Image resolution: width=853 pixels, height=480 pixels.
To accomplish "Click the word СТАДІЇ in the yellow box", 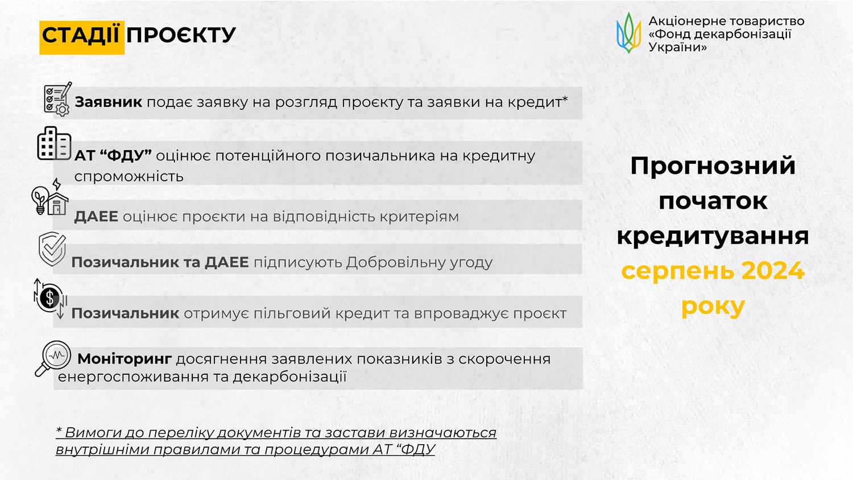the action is click(x=81, y=35).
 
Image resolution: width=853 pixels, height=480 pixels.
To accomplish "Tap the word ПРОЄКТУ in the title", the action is click(x=181, y=35).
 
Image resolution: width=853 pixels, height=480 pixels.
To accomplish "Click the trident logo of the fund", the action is click(x=629, y=33).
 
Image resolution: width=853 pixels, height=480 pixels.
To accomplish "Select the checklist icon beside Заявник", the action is click(x=57, y=98).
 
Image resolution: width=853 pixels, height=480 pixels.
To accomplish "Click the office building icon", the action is click(x=54, y=143).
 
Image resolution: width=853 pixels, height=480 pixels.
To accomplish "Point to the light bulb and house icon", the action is click(x=50, y=197).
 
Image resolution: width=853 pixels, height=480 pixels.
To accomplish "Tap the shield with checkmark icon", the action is click(x=52, y=249).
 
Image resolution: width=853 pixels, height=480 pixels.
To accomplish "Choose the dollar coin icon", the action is click(x=50, y=298).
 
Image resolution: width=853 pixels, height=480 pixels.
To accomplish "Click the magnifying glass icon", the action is click(x=53, y=359).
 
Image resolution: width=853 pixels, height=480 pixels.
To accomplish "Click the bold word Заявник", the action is click(x=109, y=102).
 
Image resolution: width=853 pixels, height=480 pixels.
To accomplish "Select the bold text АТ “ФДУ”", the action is click(x=113, y=156).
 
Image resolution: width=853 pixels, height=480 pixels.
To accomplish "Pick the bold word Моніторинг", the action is click(x=125, y=359).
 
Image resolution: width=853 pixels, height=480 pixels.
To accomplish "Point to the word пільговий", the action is click(x=282, y=313).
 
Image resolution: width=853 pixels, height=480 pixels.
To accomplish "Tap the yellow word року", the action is click(x=713, y=307).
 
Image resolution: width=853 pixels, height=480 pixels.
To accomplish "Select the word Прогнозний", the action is click(x=713, y=166).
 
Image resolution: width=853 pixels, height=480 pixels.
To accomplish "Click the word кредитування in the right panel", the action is click(x=713, y=236).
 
